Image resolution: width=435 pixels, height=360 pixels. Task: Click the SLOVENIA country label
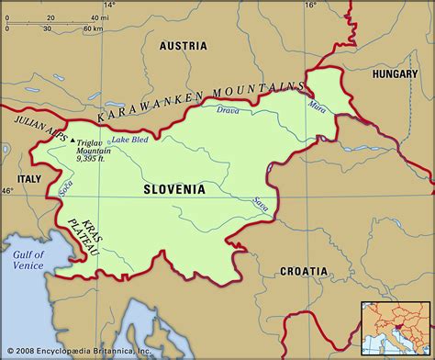pos(173,189)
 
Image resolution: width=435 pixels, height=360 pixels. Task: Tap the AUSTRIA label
pos(183,45)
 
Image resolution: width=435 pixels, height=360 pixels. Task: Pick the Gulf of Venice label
pos(29,260)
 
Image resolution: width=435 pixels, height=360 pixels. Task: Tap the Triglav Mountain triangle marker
pos(72,141)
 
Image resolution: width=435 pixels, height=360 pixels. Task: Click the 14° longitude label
pos(109,6)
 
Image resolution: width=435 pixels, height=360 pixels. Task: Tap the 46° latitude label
pos(7,190)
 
